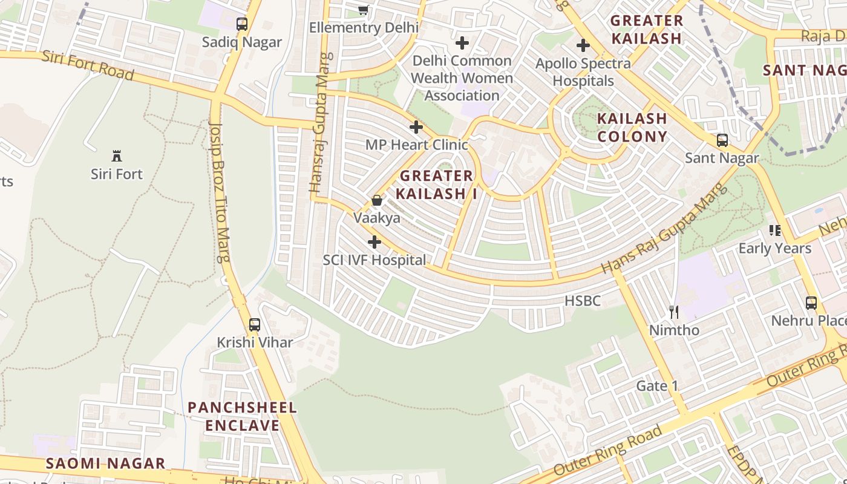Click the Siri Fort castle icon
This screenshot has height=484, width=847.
coord(117,156)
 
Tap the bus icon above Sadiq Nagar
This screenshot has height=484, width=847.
coord(242,24)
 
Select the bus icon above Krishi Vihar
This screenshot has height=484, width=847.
coord(255,324)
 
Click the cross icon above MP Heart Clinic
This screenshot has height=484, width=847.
coord(416,127)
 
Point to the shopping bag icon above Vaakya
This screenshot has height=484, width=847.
coord(377,200)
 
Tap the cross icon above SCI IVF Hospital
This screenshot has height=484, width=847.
coord(374,243)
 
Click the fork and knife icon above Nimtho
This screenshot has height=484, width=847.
coord(674,312)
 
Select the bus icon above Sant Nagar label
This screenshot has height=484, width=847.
coord(722,140)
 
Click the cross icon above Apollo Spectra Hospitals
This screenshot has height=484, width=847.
coord(583,45)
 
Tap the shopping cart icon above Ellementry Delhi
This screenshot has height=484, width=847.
coord(363,10)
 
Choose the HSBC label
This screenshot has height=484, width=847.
coord(583,301)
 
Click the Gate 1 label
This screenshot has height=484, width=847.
coord(657,386)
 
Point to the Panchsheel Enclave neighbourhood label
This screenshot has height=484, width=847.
coord(242,416)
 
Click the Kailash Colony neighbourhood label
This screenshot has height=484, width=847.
coord(632,127)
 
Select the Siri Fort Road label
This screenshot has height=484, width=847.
coord(88,65)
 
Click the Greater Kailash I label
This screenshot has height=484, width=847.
coord(436,185)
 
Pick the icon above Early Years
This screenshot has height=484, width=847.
coord(775,231)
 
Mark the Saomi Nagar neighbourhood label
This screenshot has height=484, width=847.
coord(106,463)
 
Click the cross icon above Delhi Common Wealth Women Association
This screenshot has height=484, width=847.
coord(462,43)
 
